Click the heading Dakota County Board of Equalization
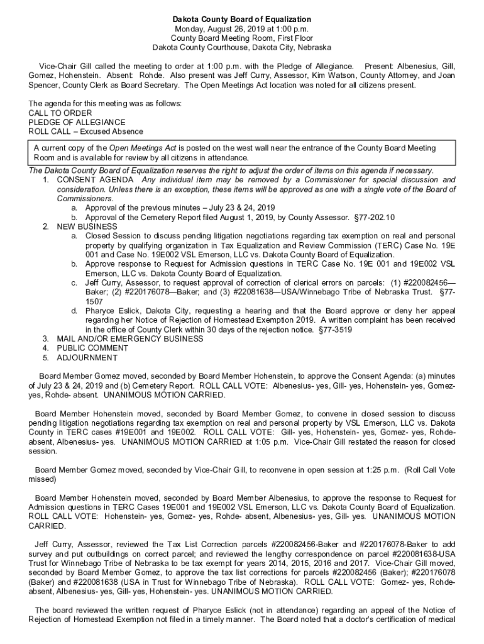pyautogui.click(x=242, y=19)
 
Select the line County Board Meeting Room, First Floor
pyautogui.click(x=242, y=38)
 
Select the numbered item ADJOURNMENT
pyautogui.click(x=87, y=358)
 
